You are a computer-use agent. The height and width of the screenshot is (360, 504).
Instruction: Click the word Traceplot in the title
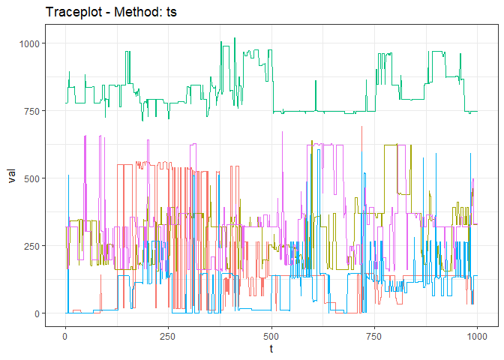pyautogui.click(x=75, y=12)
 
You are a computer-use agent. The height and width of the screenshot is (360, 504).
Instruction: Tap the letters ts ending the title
pyautogui.click(x=171, y=12)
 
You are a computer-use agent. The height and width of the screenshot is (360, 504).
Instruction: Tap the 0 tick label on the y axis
pyautogui.click(x=38, y=313)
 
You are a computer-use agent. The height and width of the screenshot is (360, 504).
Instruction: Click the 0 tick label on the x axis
pyautogui.click(x=65, y=334)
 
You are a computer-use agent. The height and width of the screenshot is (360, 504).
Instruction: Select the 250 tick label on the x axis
pyautogui.click(x=168, y=334)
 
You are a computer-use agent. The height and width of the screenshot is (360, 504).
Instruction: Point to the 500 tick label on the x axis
pyautogui.click(x=271, y=334)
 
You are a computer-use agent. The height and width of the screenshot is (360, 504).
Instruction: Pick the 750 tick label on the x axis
pyautogui.click(x=374, y=334)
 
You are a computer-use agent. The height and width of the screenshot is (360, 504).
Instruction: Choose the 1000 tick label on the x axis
pyautogui.click(x=477, y=334)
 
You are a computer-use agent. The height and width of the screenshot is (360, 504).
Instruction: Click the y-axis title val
pyautogui.click(x=11, y=178)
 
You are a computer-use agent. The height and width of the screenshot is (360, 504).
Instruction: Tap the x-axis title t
pyautogui.click(x=271, y=348)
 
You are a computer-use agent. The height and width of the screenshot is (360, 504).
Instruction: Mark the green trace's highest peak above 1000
pyautogui.click(x=235, y=37)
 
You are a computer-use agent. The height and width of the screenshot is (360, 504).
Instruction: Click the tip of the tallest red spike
pyautogui.click(x=362, y=126)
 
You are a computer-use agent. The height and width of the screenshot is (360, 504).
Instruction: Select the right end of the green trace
pyautogui.click(x=478, y=111)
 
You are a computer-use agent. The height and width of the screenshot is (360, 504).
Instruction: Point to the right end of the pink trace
pyautogui.click(x=478, y=224)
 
